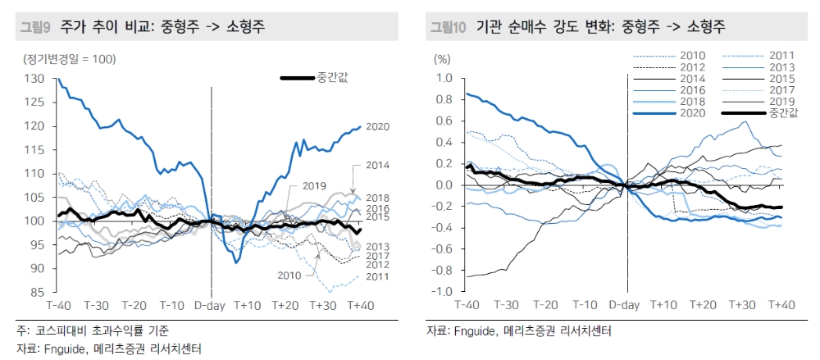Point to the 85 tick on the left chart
[x=37, y=292]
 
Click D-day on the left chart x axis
[x=212, y=305]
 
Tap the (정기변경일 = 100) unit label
[x=70, y=58]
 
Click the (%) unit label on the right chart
[x=443, y=58]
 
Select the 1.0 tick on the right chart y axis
[x=444, y=79]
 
